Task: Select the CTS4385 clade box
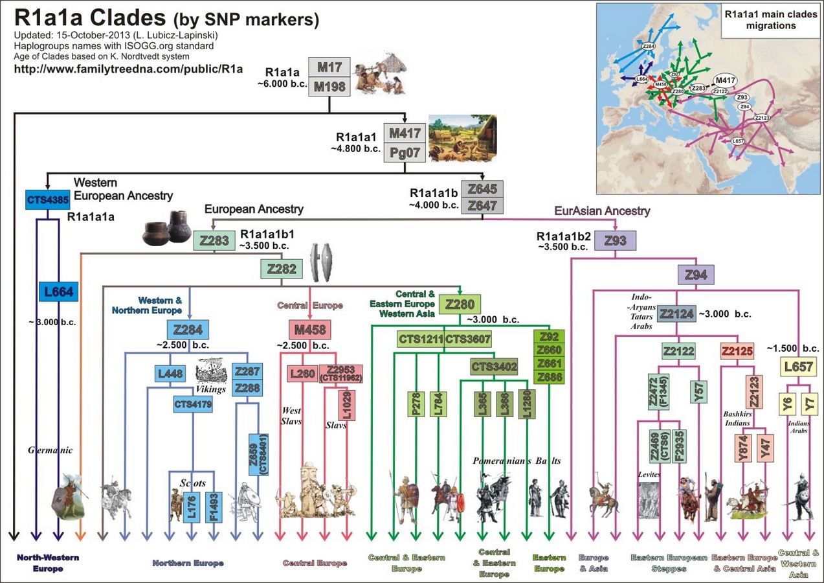(x=48, y=200)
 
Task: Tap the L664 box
(x=58, y=292)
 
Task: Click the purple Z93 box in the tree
(x=615, y=240)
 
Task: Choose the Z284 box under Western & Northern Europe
(x=188, y=330)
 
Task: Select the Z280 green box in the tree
(x=460, y=304)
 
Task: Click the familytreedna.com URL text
(x=128, y=69)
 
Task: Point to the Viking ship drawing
(x=211, y=371)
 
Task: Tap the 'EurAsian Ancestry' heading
(x=602, y=211)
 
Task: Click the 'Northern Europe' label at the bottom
(x=188, y=563)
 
